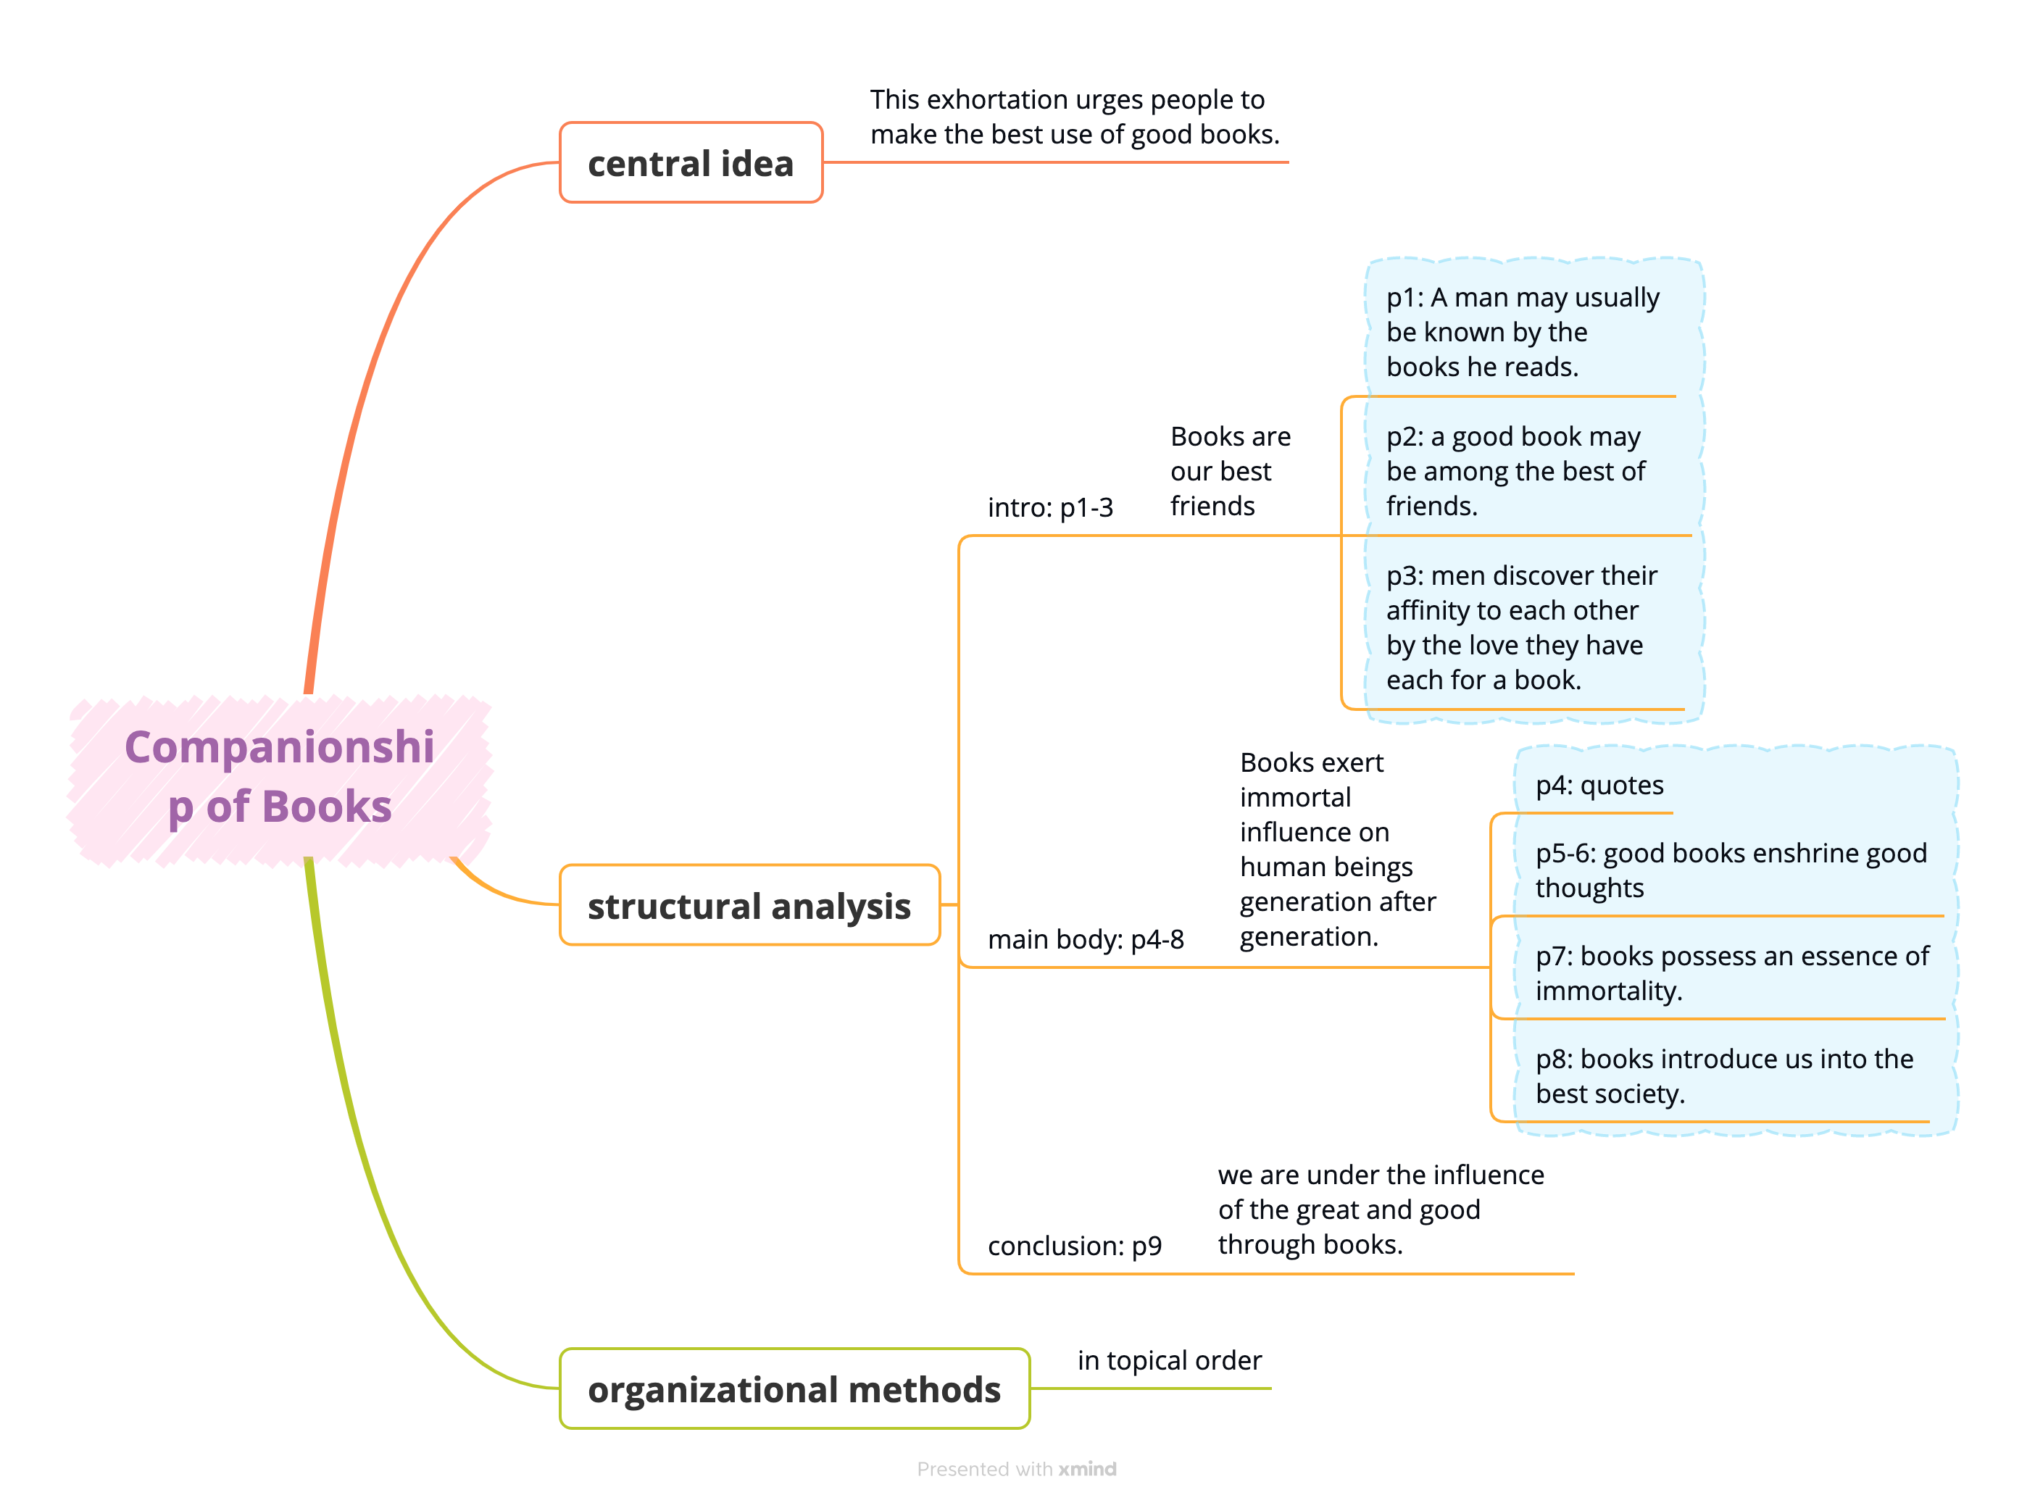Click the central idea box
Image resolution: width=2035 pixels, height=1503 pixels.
(x=691, y=163)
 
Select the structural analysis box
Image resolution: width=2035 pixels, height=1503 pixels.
(x=749, y=905)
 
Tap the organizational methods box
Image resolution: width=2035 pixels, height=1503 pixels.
(x=794, y=1388)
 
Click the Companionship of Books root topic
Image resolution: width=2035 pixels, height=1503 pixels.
(x=279, y=777)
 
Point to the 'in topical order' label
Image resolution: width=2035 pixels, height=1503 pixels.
(x=1169, y=1360)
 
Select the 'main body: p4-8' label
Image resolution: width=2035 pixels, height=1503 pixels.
(x=1086, y=939)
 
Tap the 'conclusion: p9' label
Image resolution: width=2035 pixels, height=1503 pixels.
(x=1074, y=1246)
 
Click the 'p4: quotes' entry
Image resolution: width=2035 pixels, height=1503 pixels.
(x=1599, y=785)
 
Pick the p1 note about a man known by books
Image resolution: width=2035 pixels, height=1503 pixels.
(x=1522, y=332)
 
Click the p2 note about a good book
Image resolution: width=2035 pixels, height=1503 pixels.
(x=1515, y=471)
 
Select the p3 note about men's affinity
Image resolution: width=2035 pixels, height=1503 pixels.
(x=1521, y=628)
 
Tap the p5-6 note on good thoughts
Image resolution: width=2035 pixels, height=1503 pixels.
(x=1729, y=870)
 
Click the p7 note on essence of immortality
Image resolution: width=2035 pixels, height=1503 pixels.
(x=1731, y=973)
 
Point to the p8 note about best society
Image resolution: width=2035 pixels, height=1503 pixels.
(x=1724, y=1075)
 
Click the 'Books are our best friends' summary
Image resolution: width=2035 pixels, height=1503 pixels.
(x=1230, y=471)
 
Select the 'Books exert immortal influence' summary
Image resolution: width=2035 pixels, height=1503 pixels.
(x=1336, y=849)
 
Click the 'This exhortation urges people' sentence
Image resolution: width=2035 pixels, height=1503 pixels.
(x=1074, y=117)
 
